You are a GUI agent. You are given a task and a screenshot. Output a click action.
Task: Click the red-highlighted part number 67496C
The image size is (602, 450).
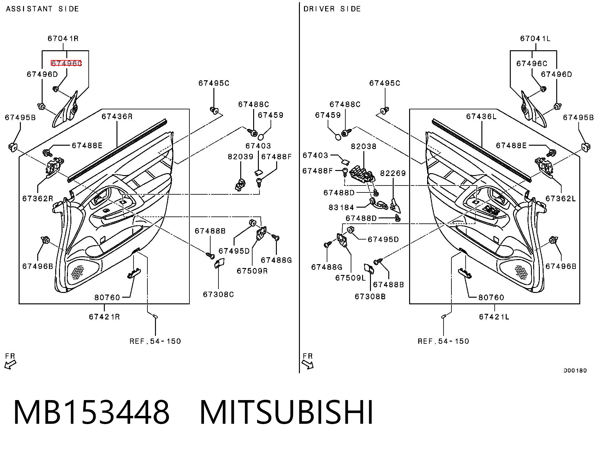66,63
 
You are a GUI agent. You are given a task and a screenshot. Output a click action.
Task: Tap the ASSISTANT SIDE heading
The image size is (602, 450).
43,9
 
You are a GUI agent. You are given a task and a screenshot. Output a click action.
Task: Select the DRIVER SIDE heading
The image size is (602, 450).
332,9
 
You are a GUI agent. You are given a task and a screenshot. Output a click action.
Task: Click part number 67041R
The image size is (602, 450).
63,39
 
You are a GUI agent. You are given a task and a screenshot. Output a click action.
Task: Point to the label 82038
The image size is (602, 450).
364,146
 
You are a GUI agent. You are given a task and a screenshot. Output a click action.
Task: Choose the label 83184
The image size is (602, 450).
341,207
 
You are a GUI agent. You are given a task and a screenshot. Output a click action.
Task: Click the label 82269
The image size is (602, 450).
393,173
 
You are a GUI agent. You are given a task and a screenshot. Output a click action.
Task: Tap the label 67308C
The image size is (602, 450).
218,295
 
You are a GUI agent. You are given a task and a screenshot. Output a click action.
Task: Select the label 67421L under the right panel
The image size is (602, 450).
494,317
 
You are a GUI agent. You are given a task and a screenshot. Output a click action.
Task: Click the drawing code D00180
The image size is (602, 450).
575,370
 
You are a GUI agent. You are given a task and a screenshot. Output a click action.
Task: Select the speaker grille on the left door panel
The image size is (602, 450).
78,272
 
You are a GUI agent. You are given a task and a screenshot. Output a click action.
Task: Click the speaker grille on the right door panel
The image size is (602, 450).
521,272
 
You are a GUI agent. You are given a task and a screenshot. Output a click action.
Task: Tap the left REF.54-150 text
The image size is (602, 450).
155,341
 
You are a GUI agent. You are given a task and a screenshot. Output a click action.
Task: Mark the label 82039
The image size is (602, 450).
241,157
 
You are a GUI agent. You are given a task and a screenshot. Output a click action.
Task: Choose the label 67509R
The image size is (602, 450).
252,271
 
